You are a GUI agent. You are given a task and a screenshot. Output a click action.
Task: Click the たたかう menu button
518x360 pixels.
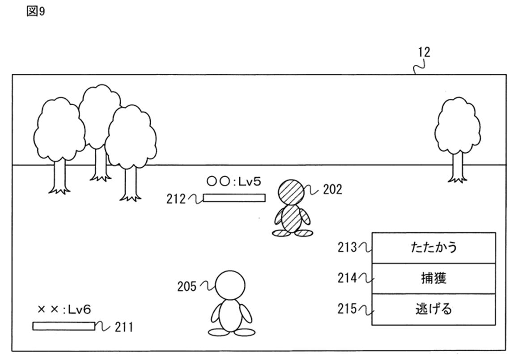pos(434,247)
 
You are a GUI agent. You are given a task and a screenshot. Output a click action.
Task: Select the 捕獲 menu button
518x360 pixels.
pos(434,278)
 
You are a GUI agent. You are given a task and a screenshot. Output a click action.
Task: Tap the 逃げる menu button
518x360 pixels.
pos(434,309)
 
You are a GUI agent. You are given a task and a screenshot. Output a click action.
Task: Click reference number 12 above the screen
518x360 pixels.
pos(424,53)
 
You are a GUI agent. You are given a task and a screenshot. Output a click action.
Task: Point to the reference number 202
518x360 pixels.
pos(332,190)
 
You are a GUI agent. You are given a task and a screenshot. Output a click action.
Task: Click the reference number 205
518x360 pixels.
pos(187,286)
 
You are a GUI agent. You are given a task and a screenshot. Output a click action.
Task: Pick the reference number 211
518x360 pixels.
pos(124,328)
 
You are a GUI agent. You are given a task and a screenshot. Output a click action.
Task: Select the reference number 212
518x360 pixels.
pos(175,198)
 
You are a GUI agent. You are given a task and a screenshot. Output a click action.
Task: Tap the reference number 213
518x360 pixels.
pos(347,247)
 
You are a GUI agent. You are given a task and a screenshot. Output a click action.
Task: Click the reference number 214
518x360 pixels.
pos(347,278)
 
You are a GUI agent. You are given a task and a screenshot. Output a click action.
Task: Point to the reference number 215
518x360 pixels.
pos(347,309)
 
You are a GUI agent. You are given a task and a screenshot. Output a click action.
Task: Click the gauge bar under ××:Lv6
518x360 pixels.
pos(64,326)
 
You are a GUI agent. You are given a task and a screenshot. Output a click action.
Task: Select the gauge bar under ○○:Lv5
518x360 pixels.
pos(234,198)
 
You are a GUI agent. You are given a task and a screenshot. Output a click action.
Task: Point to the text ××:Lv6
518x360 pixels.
pos(64,309)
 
